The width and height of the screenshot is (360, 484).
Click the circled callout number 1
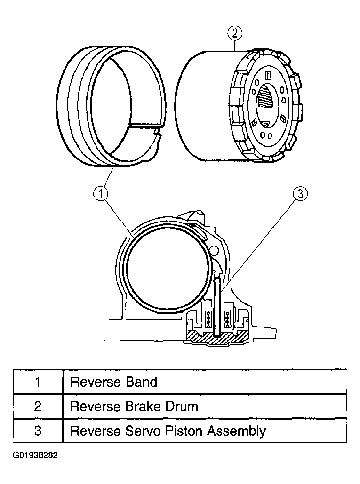point(101,193)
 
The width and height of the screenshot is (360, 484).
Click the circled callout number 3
point(301,193)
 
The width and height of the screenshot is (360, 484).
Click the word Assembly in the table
point(236,432)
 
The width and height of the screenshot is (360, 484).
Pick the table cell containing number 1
point(38,382)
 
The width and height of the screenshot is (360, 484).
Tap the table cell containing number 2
point(38,406)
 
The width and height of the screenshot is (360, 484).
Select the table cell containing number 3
point(38,431)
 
